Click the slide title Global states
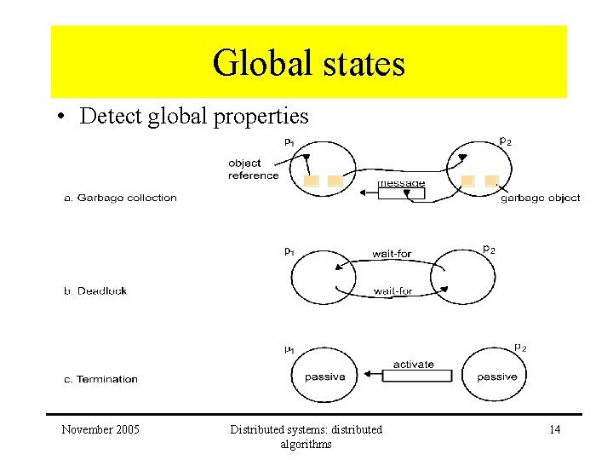pyautogui.click(x=308, y=63)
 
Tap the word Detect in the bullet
pyautogui.click(x=112, y=117)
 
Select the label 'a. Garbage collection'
pyautogui.click(x=120, y=198)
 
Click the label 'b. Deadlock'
pyautogui.click(x=95, y=290)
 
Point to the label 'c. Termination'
pyautogui.click(x=100, y=379)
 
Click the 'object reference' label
pyautogui.click(x=253, y=170)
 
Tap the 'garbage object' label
pyautogui.click(x=540, y=198)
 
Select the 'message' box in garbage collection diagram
pyautogui.click(x=401, y=189)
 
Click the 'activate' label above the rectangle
pyautogui.click(x=413, y=365)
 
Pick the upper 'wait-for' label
pyautogui.click(x=392, y=254)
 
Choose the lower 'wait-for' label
pyautogui.click(x=392, y=291)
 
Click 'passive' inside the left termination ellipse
pyautogui.click(x=324, y=377)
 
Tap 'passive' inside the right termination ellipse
pyautogui.click(x=496, y=377)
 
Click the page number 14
pyautogui.click(x=554, y=429)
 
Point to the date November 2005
pyautogui.click(x=100, y=429)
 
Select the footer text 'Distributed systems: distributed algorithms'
pyautogui.click(x=306, y=436)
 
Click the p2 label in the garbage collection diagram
pyautogui.click(x=505, y=141)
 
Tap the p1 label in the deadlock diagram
pyautogui.click(x=289, y=251)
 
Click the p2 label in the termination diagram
pyautogui.click(x=520, y=348)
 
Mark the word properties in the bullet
pyautogui.click(x=263, y=117)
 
